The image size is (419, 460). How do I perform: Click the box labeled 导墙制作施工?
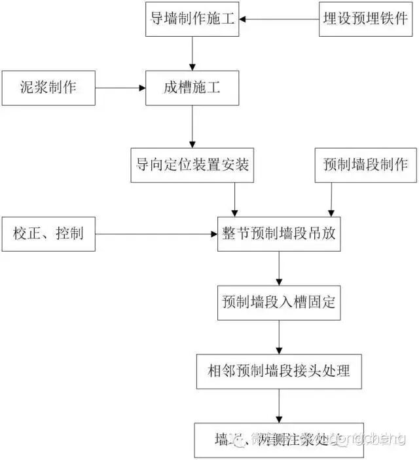coord(191,19)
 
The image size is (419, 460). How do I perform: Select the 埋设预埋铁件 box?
coord(365,19)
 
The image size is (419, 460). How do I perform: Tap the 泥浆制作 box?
coord(48,87)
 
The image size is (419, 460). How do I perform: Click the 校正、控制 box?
coord(48,233)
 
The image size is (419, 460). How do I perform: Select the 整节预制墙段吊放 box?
coord(280,233)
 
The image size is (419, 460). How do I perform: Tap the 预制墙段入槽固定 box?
coord(280,302)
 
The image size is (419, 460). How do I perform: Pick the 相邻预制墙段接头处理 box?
coord(280,371)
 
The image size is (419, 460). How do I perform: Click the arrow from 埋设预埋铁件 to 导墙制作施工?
coord(279,19)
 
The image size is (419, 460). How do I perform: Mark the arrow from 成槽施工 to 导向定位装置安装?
coord(191,125)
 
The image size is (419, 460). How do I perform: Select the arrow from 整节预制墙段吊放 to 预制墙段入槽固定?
coord(280,267)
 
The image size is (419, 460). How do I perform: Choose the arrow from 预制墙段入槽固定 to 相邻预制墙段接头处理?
coord(280,337)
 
